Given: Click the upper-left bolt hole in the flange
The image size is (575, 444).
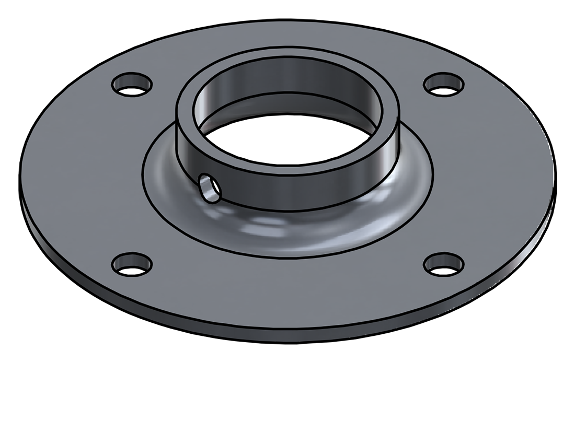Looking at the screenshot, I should pos(132,84).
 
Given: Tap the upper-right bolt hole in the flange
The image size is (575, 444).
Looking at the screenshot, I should pos(444,84).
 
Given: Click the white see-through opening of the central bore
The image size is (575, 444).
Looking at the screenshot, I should pos(287,138).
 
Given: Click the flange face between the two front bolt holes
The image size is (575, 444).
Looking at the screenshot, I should pos(287,287).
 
